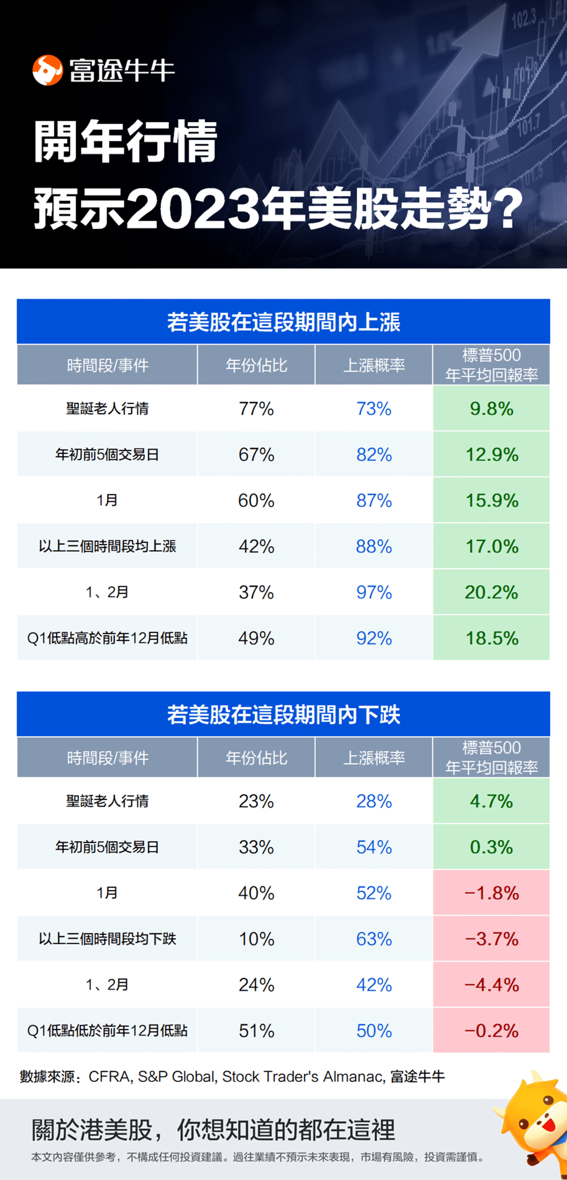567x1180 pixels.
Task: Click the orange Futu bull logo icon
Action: [x=47, y=70]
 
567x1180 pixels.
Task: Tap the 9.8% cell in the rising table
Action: [x=491, y=409]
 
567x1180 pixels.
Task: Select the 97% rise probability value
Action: [x=374, y=592]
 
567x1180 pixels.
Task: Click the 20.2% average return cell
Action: [x=491, y=592]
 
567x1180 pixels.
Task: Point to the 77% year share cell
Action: [x=256, y=409]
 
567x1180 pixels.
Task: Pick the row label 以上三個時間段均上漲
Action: [x=107, y=547]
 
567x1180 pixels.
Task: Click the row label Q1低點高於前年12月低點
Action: [x=107, y=638]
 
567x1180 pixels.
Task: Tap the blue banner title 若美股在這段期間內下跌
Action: [x=283, y=715]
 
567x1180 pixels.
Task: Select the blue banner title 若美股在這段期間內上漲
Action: [x=283, y=322]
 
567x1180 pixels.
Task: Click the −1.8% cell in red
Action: [x=491, y=893]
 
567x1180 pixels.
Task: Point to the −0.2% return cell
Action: [x=491, y=1031]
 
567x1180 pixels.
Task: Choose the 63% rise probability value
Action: [x=374, y=939]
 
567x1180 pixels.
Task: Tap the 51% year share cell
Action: [x=256, y=1031]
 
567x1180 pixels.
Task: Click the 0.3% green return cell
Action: [x=491, y=847]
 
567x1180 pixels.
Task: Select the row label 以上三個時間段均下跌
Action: [x=107, y=939]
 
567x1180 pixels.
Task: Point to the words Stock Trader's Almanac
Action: [x=303, y=1076]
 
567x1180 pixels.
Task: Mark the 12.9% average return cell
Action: [x=491, y=455]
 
